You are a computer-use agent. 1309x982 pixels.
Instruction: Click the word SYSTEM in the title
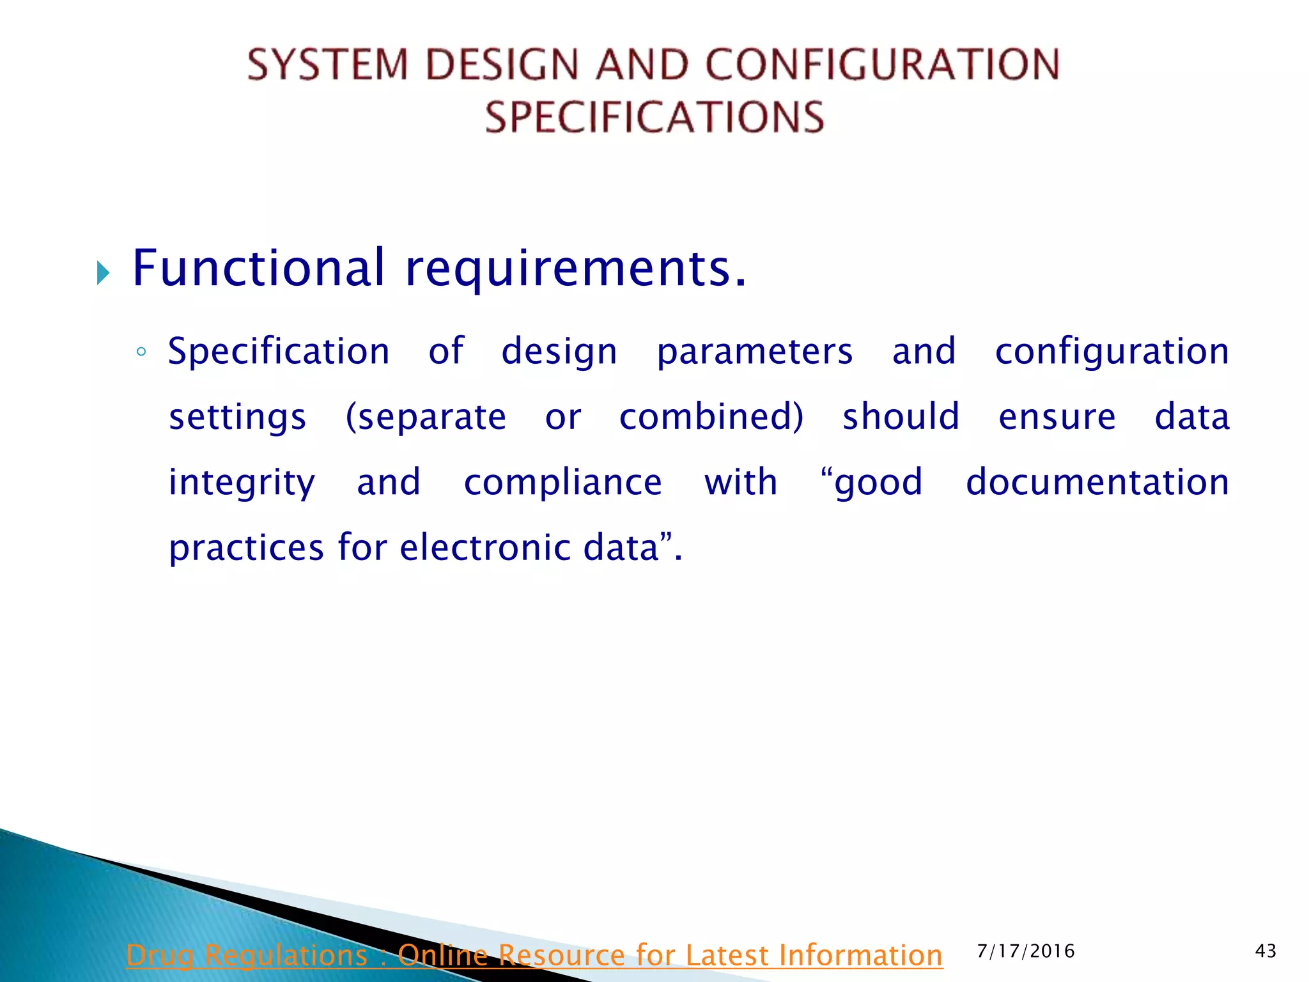(x=327, y=65)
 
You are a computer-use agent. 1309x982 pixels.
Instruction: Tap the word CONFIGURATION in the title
(x=882, y=65)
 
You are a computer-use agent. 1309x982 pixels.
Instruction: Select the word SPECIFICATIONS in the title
(x=654, y=118)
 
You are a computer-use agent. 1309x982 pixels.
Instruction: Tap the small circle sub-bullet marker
(x=141, y=352)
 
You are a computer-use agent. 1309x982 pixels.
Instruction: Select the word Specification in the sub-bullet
(x=279, y=352)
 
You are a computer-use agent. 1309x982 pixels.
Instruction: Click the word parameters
(x=755, y=352)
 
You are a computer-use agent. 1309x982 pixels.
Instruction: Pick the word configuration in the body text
(x=1112, y=352)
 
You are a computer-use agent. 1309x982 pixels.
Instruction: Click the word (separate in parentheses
(x=426, y=417)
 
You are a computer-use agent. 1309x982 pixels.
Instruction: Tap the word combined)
(x=711, y=417)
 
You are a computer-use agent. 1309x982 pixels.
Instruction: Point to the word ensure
(x=1057, y=417)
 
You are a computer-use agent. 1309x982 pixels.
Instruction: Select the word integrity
(x=242, y=483)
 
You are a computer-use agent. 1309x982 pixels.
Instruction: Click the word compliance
(x=562, y=483)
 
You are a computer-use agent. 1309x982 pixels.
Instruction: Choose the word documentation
(x=1097, y=483)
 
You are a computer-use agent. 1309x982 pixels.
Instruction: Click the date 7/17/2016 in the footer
(x=1026, y=951)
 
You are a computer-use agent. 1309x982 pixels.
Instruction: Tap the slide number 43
(x=1266, y=951)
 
